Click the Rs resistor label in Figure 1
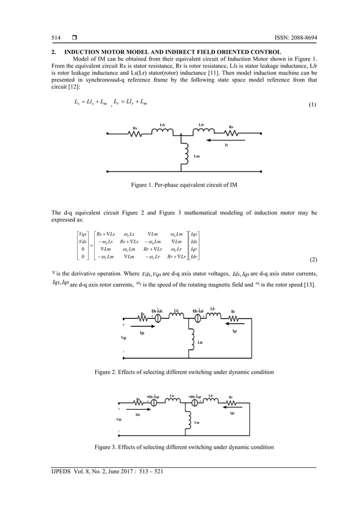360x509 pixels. pyautogui.click(x=135, y=128)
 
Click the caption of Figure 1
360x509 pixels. pyautogui.click(x=180, y=185)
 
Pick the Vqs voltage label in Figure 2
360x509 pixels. pyautogui.click(x=124, y=337)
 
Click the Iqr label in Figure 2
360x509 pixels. pyautogui.click(x=235, y=332)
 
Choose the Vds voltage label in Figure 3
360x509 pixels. pyautogui.click(x=119, y=419)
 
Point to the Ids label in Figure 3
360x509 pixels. pyautogui.click(x=137, y=414)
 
